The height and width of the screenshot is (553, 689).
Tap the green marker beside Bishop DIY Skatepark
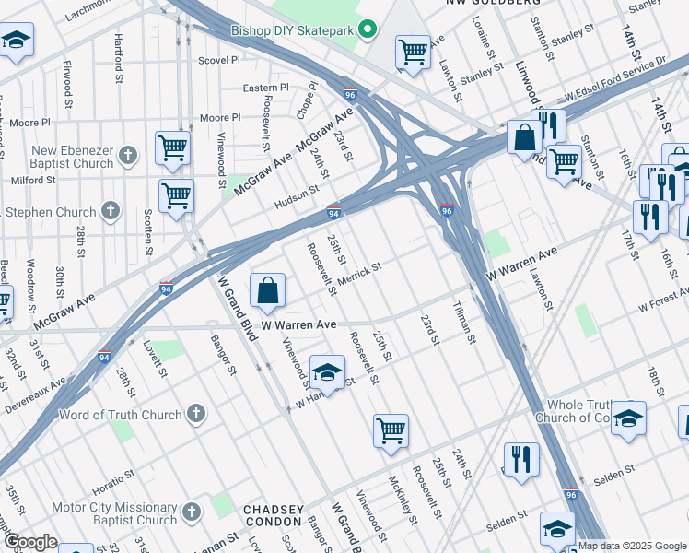[x=368, y=29]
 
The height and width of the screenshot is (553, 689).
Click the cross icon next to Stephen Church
[x=111, y=211]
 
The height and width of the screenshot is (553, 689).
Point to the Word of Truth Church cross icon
[x=195, y=415]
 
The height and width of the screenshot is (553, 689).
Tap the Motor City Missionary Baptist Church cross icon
[x=191, y=512]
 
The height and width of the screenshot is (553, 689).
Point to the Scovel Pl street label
[x=219, y=61]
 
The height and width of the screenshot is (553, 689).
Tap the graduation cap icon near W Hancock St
[x=327, y=372]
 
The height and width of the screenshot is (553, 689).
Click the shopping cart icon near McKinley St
[x=391, y=429]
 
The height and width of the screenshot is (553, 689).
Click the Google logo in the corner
[x=30, y=542]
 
